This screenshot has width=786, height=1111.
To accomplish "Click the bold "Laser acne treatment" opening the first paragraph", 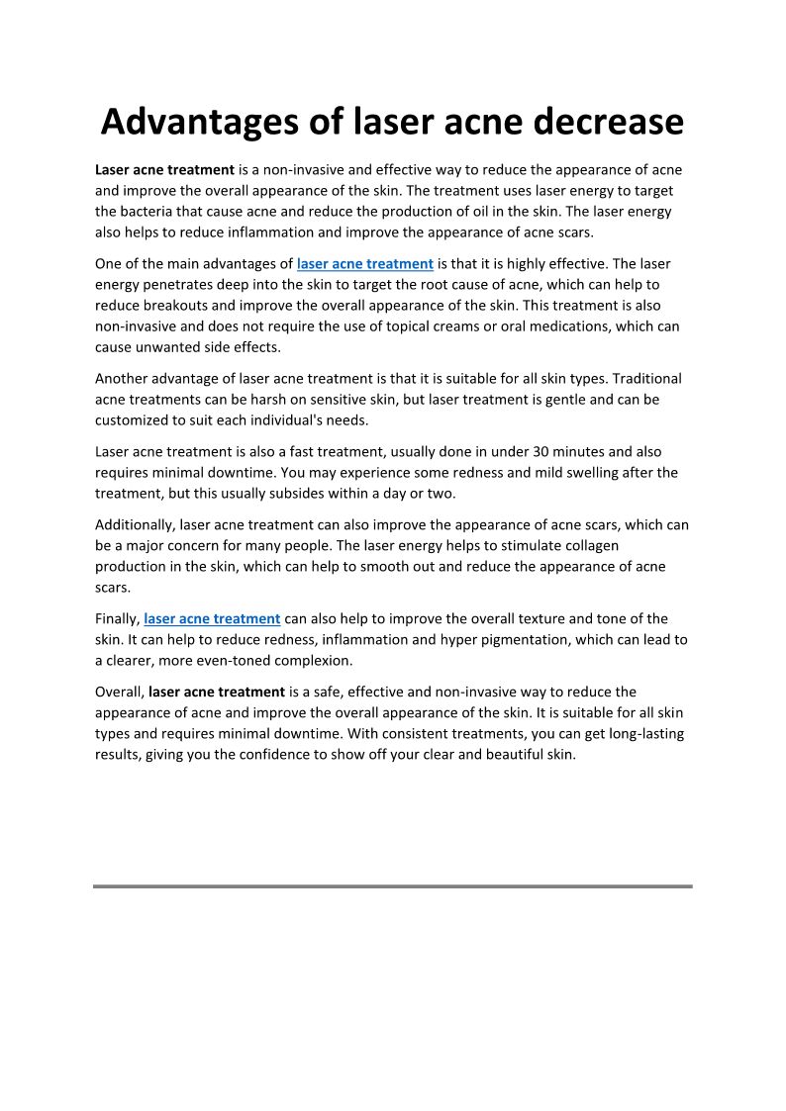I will pyautogui.click(x=164, y=170).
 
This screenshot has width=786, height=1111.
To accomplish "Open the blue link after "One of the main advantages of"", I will pyautogui.click(x=365, y=264).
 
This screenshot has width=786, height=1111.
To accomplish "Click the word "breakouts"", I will pyautogui.click(x=179, y=306).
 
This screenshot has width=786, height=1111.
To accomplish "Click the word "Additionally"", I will pyautogui.click(x=135, y=525).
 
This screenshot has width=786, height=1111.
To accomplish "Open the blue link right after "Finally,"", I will pyautogui.click(x=213, y=619).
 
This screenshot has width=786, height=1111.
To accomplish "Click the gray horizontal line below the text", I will pyautogui.click(x=393, y=886).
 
